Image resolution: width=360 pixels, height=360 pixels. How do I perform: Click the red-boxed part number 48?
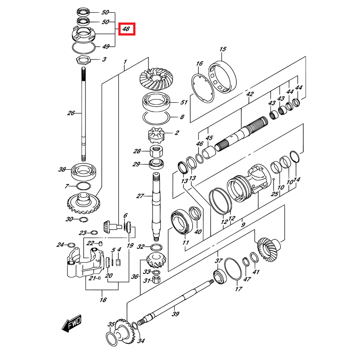(126, 29)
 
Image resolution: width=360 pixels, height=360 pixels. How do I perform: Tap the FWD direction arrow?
(71, 323)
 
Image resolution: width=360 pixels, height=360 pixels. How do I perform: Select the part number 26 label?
(71, 113)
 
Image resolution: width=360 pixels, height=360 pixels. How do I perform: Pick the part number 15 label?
(223, 49)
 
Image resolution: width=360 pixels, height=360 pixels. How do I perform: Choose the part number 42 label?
(250, 94)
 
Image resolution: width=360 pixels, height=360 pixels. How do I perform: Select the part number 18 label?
(103, 300)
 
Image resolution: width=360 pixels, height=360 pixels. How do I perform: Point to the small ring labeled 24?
(71, 245)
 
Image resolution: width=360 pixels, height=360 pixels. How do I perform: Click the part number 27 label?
(140, 196)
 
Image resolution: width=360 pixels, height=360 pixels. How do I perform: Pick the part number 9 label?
(243, 225)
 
